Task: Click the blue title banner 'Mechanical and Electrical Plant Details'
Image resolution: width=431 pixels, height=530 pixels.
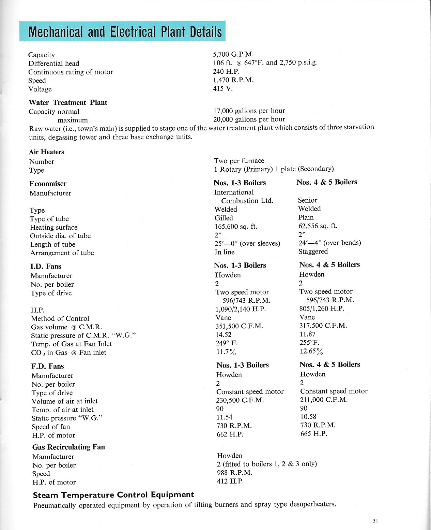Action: pyautogui.click(x=122, y=31)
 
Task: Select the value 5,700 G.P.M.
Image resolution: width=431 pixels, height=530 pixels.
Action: pyautogui.click(x=233, y=54)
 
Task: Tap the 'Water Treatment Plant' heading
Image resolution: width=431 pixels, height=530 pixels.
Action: pyautogui.click(x=68, y=102)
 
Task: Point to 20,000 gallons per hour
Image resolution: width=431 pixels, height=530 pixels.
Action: pyautogui.click(x=249, y=119)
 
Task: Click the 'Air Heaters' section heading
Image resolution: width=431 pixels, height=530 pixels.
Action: pyautogui.click(x=46, y=152)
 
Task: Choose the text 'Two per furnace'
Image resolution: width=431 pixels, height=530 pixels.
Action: pyautogui.click(x=239, y=160)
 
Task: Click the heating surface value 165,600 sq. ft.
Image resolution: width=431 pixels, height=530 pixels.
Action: pyautogui.click(x=236, y=226)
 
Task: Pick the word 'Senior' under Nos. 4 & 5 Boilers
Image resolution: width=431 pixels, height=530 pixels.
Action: pyautogui.click(x=307, y=200)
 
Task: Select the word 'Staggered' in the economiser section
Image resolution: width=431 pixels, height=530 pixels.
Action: pyautogui.click(x=313, y=251)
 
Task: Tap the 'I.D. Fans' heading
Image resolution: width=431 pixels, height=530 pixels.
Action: pyautogui.click(x=46, y=266)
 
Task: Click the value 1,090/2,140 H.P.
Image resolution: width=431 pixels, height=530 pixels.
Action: pyautogui.click(x=241, y=309)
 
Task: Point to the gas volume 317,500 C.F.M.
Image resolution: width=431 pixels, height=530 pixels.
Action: pyautogui.click(x=323, y=326)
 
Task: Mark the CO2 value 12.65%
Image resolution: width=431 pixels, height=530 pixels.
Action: pyautogui.click(x=311, y=351)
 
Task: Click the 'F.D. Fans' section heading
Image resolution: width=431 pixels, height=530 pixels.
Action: pyautogui.click(x=48, y=366)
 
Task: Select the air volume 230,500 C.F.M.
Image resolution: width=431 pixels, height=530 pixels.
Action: pyautogui.click(x=240, y=400)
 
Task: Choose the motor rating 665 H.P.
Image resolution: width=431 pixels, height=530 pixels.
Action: pyautogui.click(x=313, y=433)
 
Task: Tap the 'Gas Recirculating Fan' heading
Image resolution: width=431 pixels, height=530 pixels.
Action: pyautogui.click(x=68, y=447)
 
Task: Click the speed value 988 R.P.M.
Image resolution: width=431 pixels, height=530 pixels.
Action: pyautogui.click(x=234, y=472)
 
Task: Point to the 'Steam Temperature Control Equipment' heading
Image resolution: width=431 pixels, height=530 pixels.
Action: pyautogui.click(x=113, y=495)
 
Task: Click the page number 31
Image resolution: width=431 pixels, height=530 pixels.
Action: pyautogui.click(x=375, y=521)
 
